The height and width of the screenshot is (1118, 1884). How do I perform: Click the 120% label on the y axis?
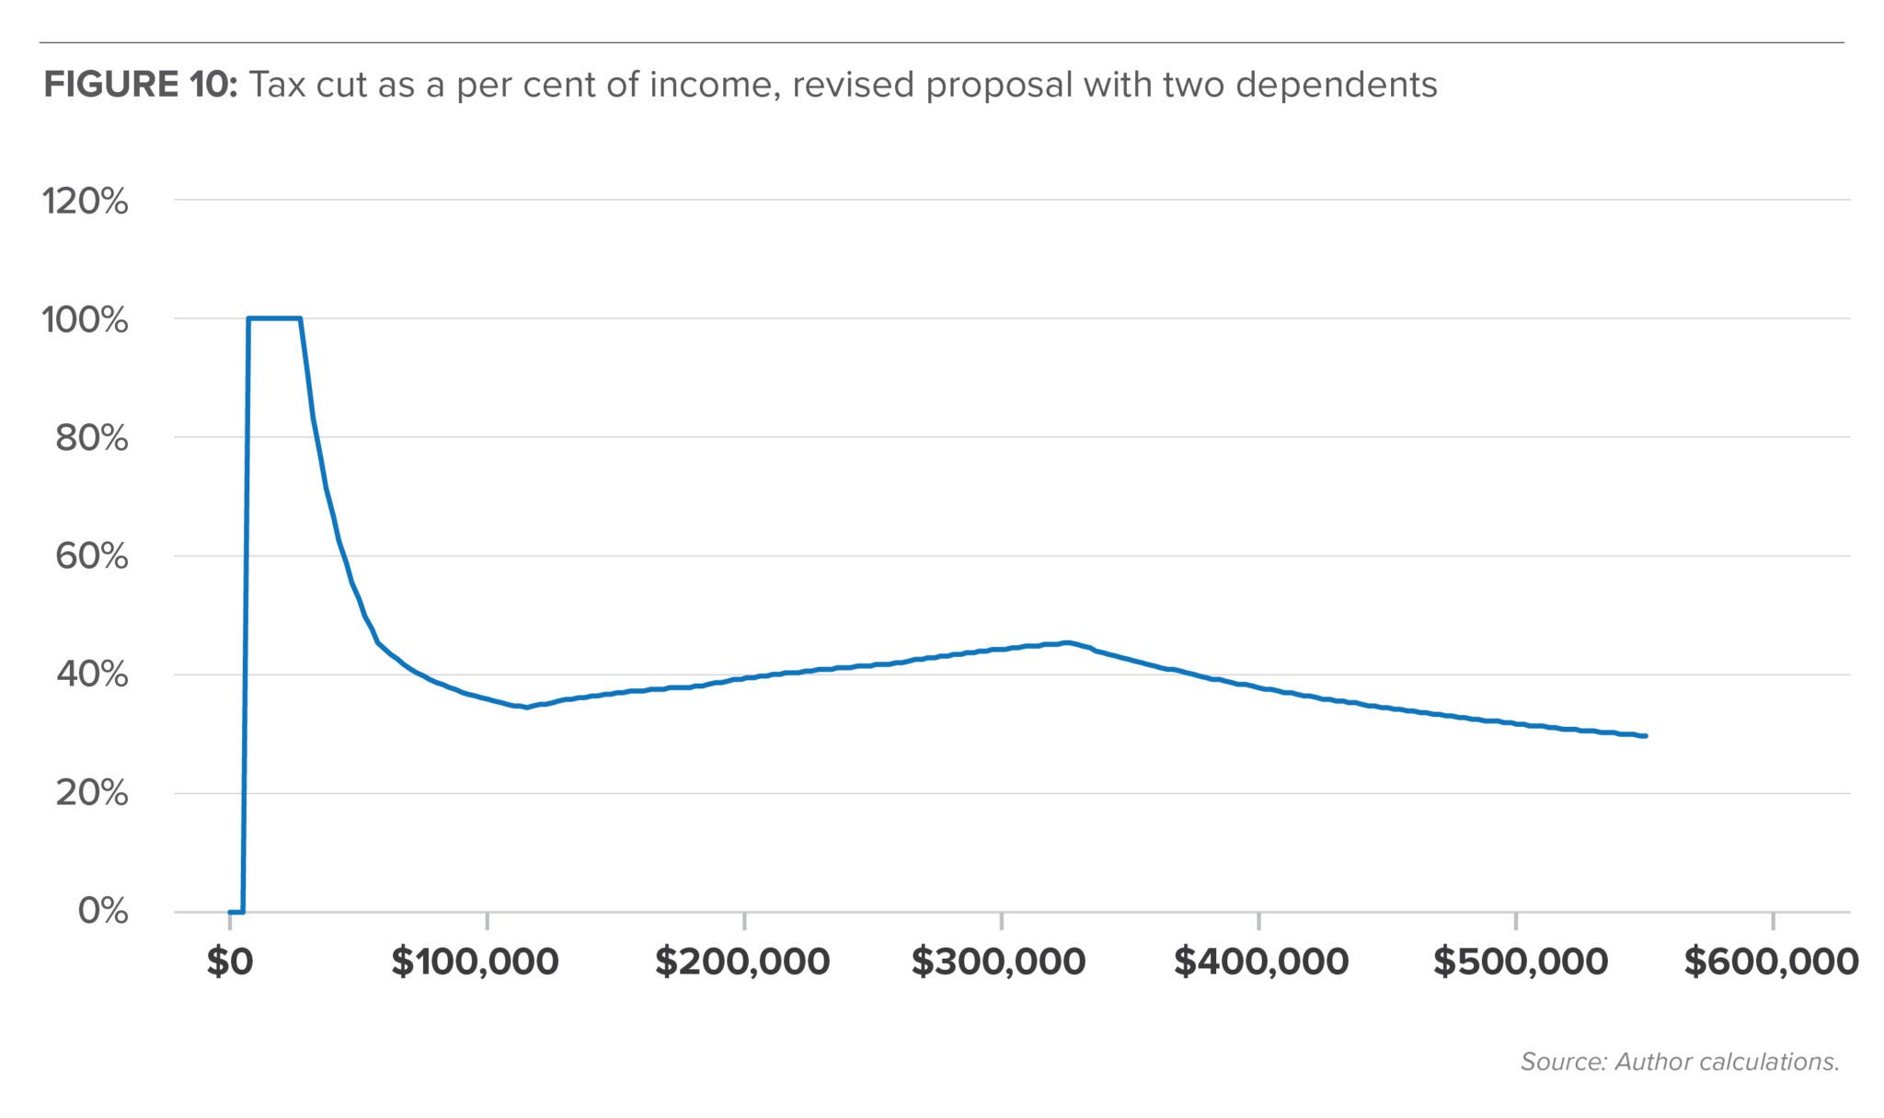point(85,201)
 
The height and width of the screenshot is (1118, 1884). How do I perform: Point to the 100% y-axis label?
point(85,319)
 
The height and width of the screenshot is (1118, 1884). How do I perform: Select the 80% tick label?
point(91,438)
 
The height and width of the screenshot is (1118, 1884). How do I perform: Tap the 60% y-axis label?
point(91,556)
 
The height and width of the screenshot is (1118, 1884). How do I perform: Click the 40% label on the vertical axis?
point(91,674)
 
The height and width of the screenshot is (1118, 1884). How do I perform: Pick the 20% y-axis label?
point(91,792)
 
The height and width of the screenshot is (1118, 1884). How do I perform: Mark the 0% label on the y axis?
point(103,911)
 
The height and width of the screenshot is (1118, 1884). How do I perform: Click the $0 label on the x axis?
point(229,962)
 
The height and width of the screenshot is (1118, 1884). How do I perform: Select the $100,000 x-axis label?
point(475,962)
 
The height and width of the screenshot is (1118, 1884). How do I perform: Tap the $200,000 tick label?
point(741,962)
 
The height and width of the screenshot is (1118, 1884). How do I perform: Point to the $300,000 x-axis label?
point(998,962)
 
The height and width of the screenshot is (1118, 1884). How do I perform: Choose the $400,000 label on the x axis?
point(1260,962)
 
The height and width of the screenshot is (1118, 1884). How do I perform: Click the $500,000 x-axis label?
point(1520,962)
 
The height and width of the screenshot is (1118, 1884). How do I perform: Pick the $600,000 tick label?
point(1771,962)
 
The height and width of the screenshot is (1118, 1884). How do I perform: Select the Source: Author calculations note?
point(1680,1062)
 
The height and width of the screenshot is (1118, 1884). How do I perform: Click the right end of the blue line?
point(1645,736)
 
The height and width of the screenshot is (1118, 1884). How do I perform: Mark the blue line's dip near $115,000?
point(525,708)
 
